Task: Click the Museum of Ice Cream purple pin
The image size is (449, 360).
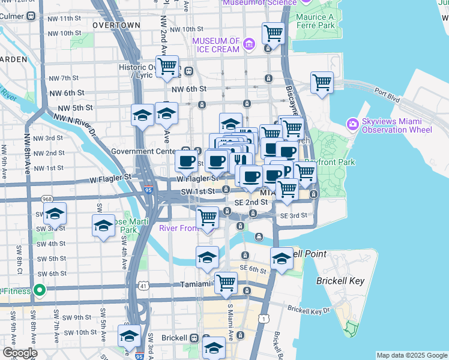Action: [x=250, y=44]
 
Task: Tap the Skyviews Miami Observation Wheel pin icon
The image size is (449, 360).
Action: [x=353, y=124]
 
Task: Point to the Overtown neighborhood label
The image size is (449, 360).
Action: [x=116, y=25]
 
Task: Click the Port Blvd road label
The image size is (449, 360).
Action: [x=387, y=92]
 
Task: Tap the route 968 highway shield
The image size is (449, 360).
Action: [x=46, y=199]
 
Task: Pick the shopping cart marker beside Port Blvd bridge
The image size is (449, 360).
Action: [x=322, y=82]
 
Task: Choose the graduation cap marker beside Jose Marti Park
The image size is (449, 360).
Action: [x=104, y=226]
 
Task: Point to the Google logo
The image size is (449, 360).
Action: [x=20, y=353]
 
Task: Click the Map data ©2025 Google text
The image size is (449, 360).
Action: [x=412, y=355]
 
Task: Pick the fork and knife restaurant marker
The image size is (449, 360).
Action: [x=238, y=160]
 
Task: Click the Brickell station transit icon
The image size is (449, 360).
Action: [x=194, y=338]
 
